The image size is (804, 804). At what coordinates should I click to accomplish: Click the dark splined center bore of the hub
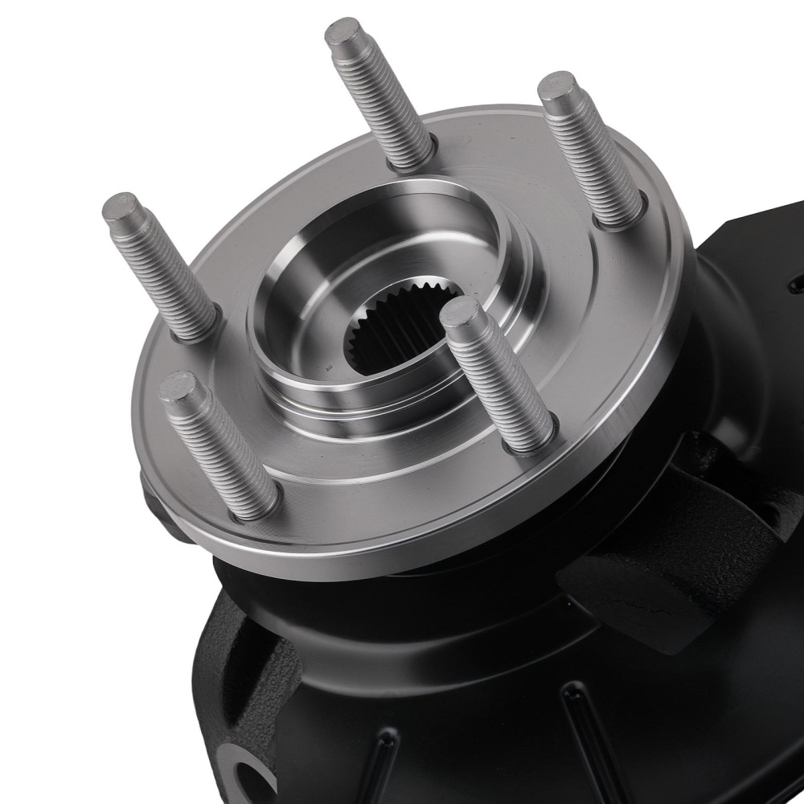click(386, 338)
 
